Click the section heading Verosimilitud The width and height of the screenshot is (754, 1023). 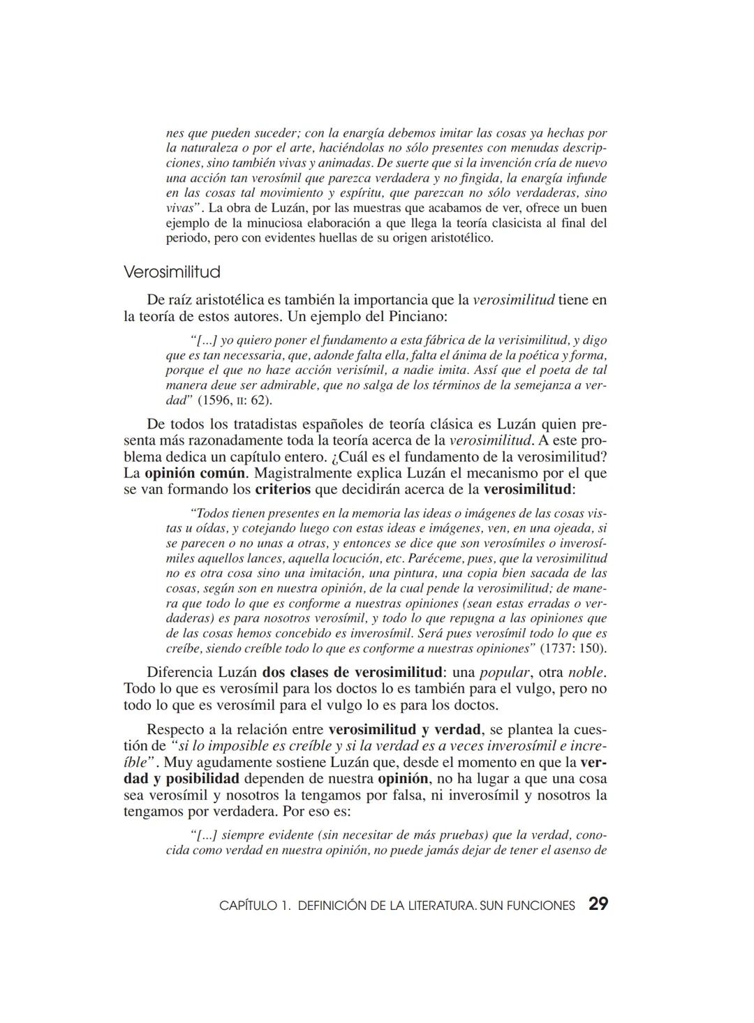click(172, 271)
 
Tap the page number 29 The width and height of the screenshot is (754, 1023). click(598, 904)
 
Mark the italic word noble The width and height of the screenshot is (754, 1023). click(586, 673)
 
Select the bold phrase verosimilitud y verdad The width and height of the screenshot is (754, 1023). click(405, 730)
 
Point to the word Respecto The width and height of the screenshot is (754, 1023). click(175, 730)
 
